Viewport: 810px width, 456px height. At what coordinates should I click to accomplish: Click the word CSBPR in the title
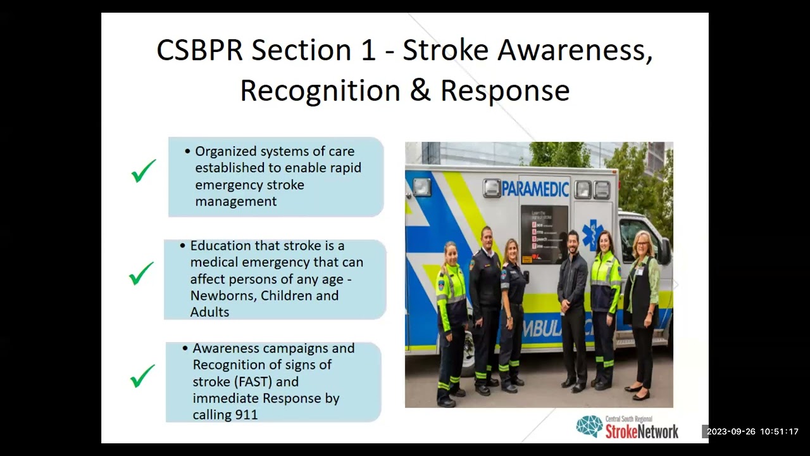199,51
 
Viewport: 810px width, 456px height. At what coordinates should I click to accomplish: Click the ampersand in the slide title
420,91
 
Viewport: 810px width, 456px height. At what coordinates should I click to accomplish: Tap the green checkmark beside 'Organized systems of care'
144,171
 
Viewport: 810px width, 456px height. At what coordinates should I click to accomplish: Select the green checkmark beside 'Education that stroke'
141,274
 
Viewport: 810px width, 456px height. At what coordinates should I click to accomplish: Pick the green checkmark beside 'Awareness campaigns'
142,376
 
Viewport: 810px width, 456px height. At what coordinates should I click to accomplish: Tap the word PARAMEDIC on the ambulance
535,189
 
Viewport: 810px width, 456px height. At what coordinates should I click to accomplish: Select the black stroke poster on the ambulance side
544,234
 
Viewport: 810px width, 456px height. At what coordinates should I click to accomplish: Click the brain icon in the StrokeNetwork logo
589,427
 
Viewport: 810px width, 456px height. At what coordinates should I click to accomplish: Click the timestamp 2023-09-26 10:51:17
752,432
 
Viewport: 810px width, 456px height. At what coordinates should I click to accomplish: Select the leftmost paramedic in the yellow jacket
451,317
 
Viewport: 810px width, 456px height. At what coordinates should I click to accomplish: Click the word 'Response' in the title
505,91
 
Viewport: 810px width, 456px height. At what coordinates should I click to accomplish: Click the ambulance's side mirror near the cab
664,251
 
